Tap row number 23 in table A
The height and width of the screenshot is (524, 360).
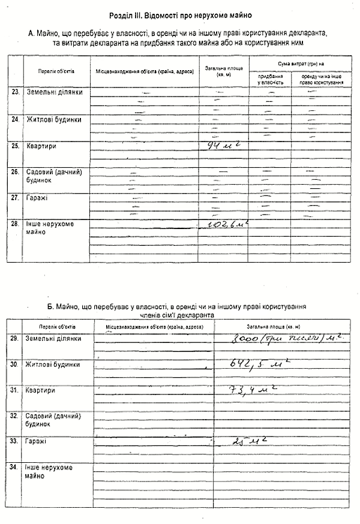pyautogui.click(x=15, y=92)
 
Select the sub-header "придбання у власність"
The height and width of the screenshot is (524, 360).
pyautogui.click(x=271, y=80)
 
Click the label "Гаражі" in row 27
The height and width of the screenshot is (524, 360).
pyautogui.click(x=37, y=197)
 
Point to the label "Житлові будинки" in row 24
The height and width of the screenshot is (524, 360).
pyautogui.click(x=53, y=119)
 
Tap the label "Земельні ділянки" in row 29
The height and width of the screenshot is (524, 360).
pyautogui.click(x=53, y=339)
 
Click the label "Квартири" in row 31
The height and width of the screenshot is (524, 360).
pyautogui.click(x=40, y=390)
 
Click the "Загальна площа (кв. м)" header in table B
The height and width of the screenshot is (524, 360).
pyautogui.click(x=281, y=327)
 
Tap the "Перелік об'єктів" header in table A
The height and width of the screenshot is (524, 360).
pyautogui.click(x=56, y=71)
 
